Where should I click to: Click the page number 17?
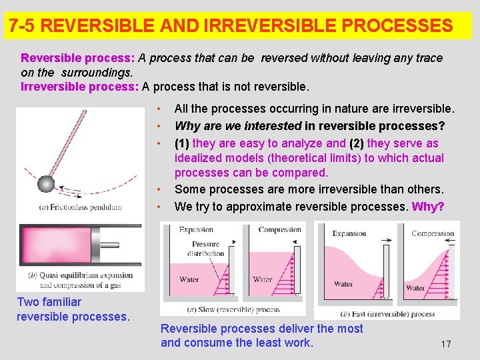(x=446, y=344)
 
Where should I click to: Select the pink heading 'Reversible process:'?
(x=77, y=58)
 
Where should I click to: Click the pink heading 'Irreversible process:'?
(x=80, y=87)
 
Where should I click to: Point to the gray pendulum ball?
(x=45, y=183)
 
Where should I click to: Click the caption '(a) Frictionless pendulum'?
(x=81, y=207)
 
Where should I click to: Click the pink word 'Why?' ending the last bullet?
(x=428, y=207)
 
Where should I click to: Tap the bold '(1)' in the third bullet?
(x=182, y=143)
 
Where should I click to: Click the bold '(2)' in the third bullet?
(x=357, y=143)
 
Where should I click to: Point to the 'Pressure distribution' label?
(x=205, y=249)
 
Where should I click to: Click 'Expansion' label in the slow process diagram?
(x=196, y=230)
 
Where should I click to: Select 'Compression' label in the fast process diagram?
(x=433, y=234)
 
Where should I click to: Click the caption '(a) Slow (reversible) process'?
(x=224, y=309)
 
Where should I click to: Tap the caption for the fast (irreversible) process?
(x=387, y=313)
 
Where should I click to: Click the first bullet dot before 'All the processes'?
(x=159, y=109)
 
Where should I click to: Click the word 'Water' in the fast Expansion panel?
(x=343, y=284)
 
